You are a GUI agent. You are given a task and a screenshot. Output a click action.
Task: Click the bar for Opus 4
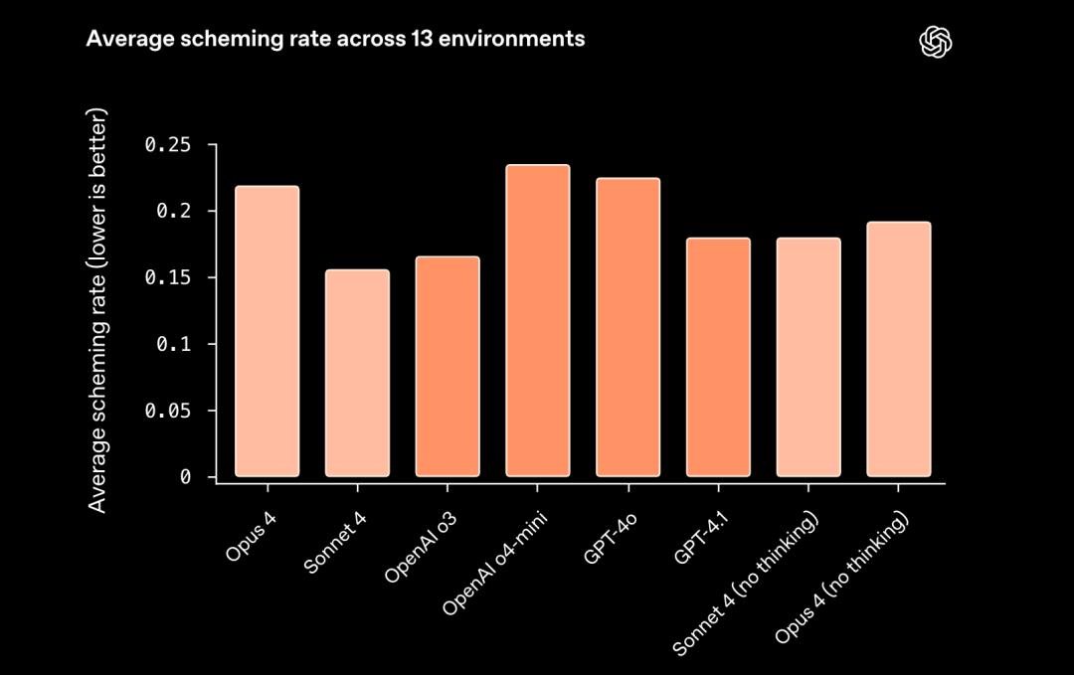267,331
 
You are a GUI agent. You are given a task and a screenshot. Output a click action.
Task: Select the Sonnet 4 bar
357,373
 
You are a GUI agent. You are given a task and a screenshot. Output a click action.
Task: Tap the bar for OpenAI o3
447,366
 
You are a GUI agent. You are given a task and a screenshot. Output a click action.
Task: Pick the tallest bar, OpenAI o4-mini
538,320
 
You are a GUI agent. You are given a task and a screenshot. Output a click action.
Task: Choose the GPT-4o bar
627,327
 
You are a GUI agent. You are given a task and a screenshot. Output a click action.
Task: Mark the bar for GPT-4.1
718,357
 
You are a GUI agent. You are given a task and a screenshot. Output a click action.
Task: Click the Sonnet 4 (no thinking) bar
808,357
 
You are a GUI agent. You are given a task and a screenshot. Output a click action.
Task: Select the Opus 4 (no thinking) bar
898,349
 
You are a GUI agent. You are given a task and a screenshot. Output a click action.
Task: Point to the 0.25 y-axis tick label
167,145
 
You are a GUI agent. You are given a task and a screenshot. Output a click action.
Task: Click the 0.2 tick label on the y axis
173,212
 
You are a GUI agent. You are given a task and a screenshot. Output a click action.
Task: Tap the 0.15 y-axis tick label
167,277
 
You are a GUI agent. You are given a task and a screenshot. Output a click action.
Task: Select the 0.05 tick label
167,411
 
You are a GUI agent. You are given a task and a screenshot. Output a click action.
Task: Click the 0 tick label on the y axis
185,477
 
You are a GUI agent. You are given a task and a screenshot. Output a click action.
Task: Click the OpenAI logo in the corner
936,41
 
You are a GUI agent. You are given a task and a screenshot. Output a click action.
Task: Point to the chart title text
335,40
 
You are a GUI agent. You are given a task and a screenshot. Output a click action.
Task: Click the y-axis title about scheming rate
97,310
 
